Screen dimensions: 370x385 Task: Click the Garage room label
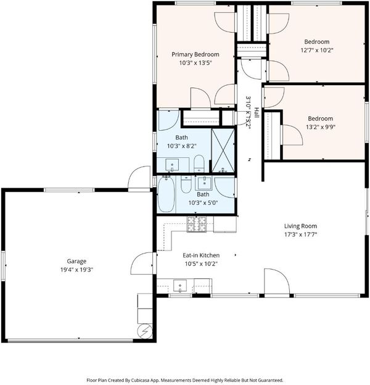pos(76,261)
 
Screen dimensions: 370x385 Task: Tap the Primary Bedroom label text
pos(195,54)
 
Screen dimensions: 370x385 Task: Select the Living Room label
pos(300,226)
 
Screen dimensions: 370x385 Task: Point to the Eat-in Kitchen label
pos(201,255)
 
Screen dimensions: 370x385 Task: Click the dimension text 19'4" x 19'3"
pos(77,270)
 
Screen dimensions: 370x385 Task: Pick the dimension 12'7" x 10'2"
pos(317,51)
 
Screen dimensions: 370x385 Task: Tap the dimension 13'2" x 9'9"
pos(321,127)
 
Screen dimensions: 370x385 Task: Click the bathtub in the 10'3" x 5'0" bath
pos(166,194)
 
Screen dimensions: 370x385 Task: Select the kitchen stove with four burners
pos(197,224)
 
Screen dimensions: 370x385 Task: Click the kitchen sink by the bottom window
pos(180,286)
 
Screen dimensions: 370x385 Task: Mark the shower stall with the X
pos(223,151)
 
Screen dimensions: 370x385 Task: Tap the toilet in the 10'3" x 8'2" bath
pos(199,164)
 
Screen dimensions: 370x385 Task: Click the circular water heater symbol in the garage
pos(144,331)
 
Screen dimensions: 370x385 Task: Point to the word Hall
pos(257,112)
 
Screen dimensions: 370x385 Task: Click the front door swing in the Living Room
pos(277,281)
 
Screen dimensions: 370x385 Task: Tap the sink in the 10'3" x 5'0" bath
pos(203,183)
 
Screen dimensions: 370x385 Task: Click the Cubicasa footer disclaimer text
pos(185,380)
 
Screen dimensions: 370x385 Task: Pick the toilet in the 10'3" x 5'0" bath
pos(186,184)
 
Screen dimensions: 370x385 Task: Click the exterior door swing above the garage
pos(139,177)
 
